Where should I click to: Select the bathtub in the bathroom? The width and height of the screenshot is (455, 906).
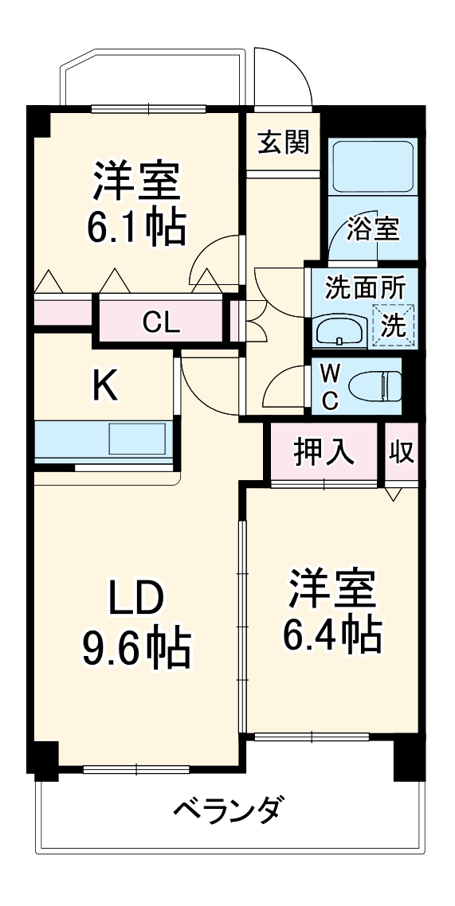pyautogui.click(x=372, y=167)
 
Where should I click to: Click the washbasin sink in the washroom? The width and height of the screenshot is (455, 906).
pyautogui.click(x=339, y=330)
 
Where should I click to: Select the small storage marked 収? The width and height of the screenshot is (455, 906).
pyautogui.click(x=402, y=451)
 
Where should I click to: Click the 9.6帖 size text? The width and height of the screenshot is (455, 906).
pyautogui.click(x=136, y=649)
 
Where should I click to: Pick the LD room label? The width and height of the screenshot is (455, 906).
pyautogui.click(x=135, y=597)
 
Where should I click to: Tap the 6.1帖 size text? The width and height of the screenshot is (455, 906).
pyautogui.click(x=136, y=225)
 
